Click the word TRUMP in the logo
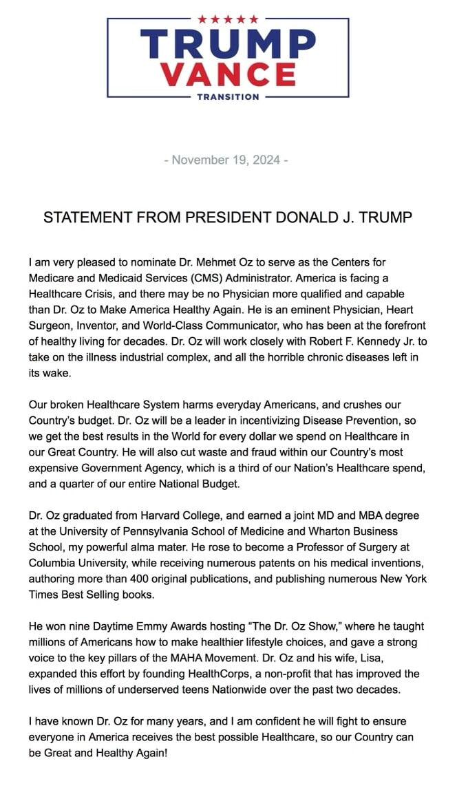click(x=228, y=43)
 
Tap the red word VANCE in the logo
click(x=228, y=75)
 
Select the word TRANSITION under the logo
click(x=228, y=97)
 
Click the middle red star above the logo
click(x=228, y=19)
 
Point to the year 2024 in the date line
click(x=266, y=160)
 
